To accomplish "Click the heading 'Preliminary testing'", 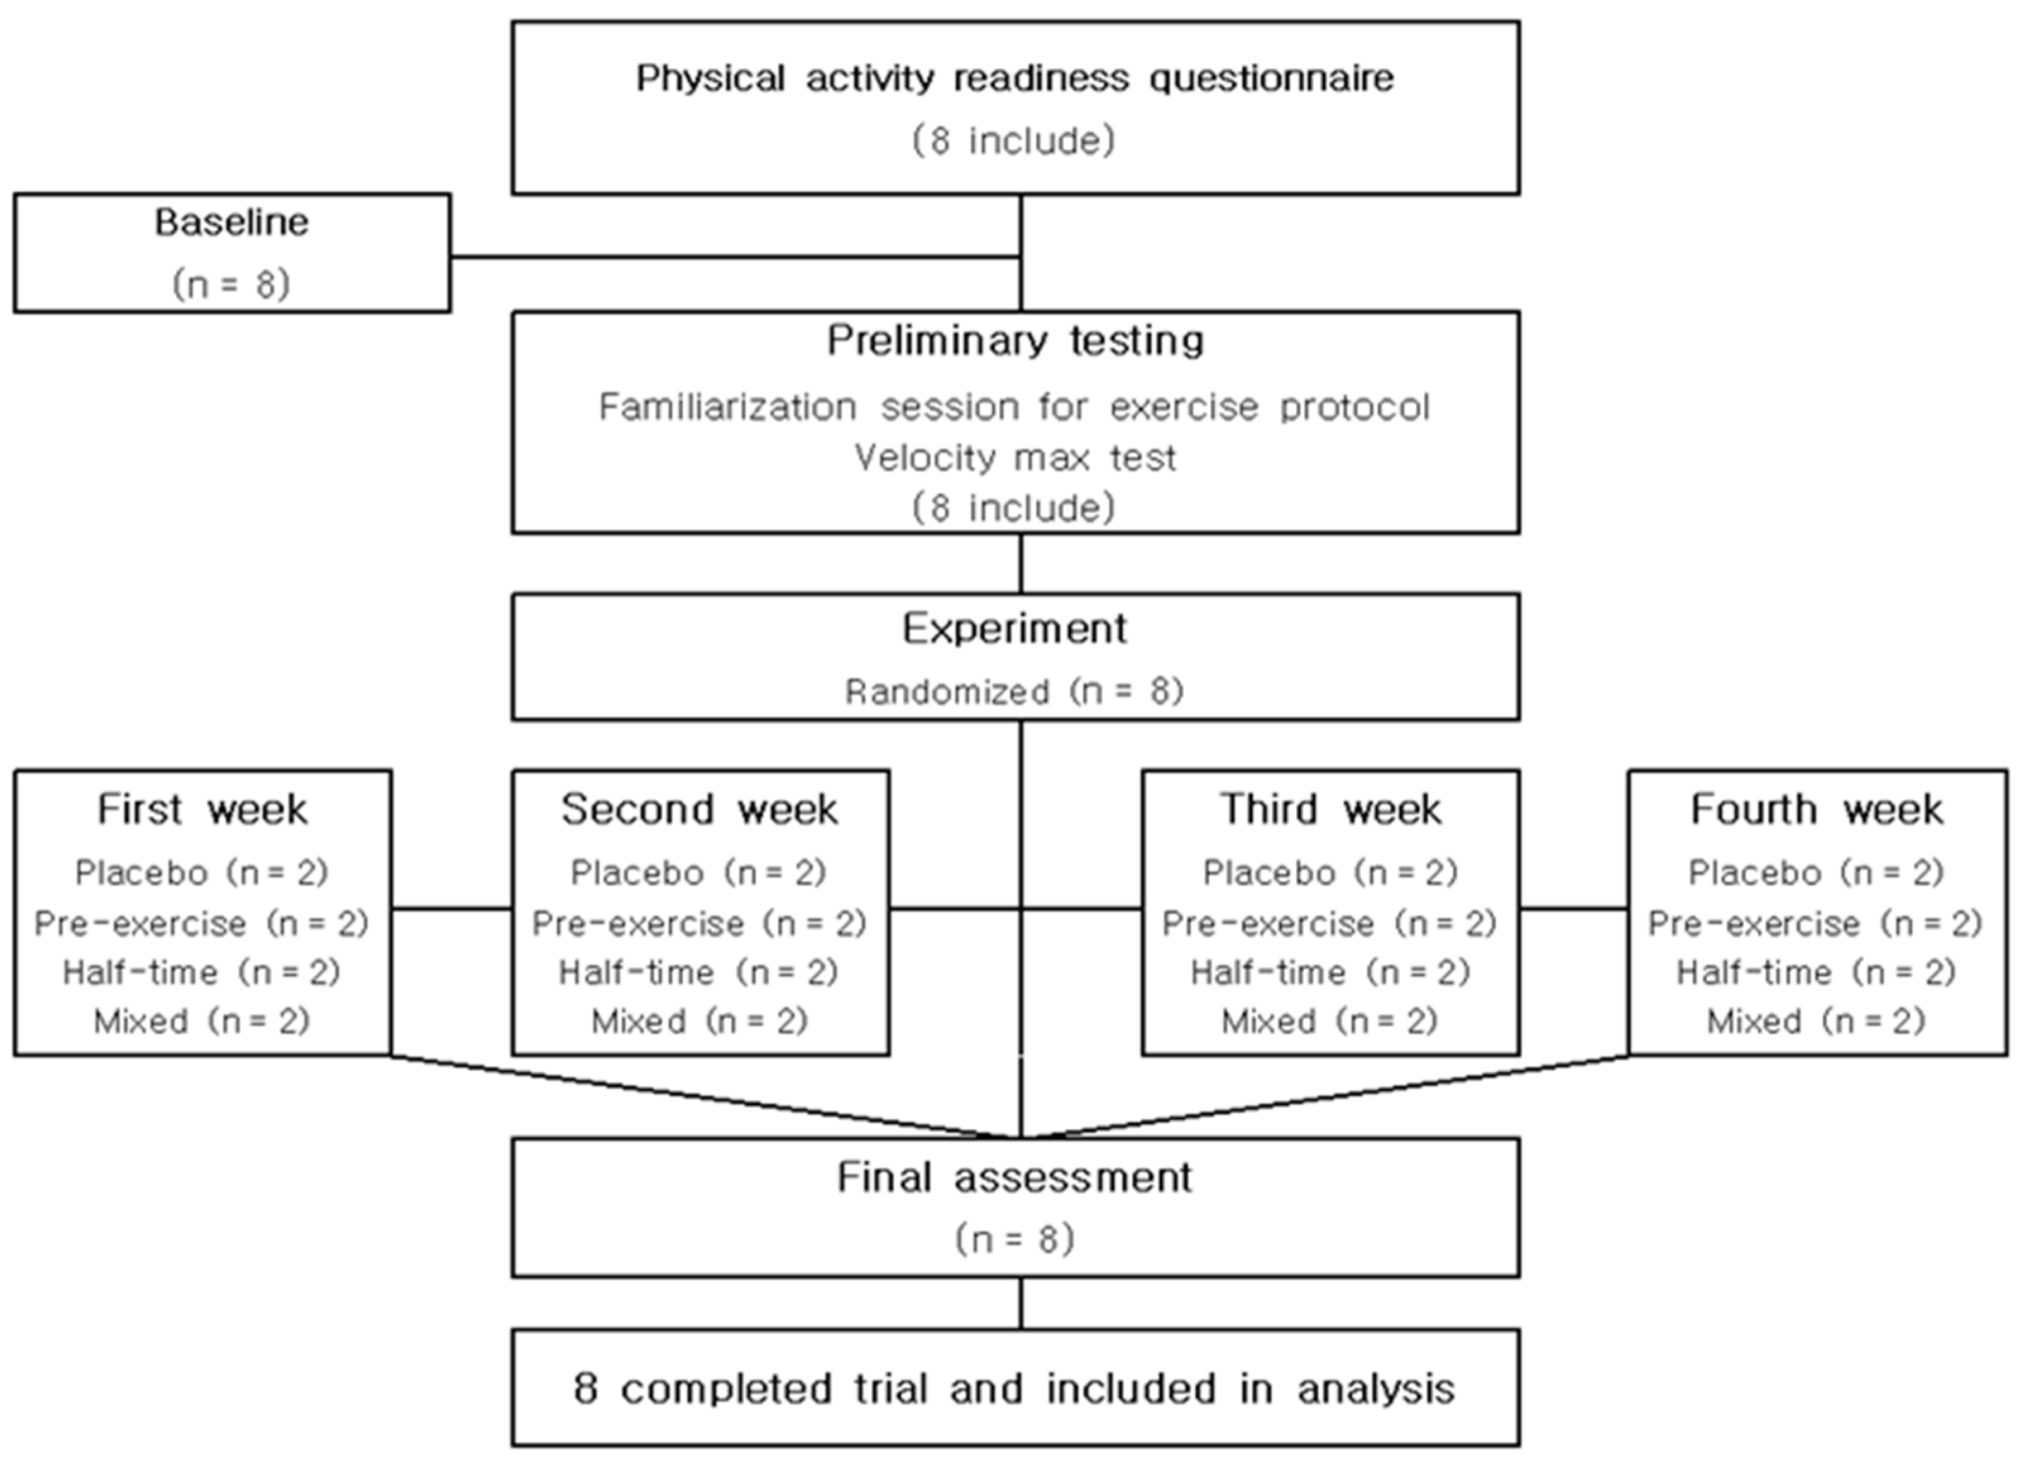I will (x=1015, y=341).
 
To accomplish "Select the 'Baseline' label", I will (x=232, y=222).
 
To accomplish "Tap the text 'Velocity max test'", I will (x=1015, y=458).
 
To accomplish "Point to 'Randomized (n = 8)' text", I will (x=1015, y=692).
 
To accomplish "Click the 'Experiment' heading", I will (x=1015, y=629).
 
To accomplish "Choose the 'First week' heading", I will (x=202, y=810).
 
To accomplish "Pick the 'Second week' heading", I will (x=700, y=810).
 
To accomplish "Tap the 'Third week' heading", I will (x=1330, y=810).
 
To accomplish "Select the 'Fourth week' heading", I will (x=1817, y=810).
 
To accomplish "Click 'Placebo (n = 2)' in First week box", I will (x=202, y=872).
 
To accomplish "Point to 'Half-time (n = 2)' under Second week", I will (x=700, y=972).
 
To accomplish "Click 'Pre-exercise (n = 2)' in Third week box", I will (x=1330, y=923).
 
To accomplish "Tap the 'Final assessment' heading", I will (x=1015, y=1177).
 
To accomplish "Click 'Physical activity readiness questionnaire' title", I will (x=1015, y=78).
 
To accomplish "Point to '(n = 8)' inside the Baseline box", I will (x=232, y=285).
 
